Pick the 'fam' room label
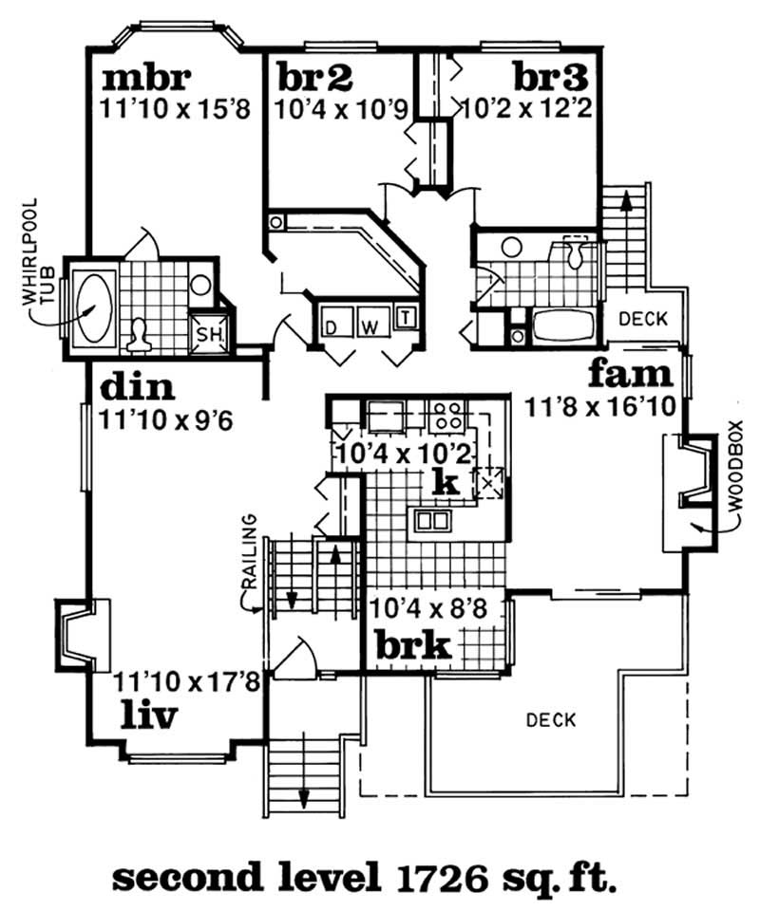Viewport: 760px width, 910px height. tap(631, 374)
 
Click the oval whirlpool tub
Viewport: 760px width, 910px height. tap(93, 306)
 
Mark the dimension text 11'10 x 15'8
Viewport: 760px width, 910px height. tap(173, 108)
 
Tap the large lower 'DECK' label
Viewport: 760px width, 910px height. tap(551, 719)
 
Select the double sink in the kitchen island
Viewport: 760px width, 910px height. tap(431, 519)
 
